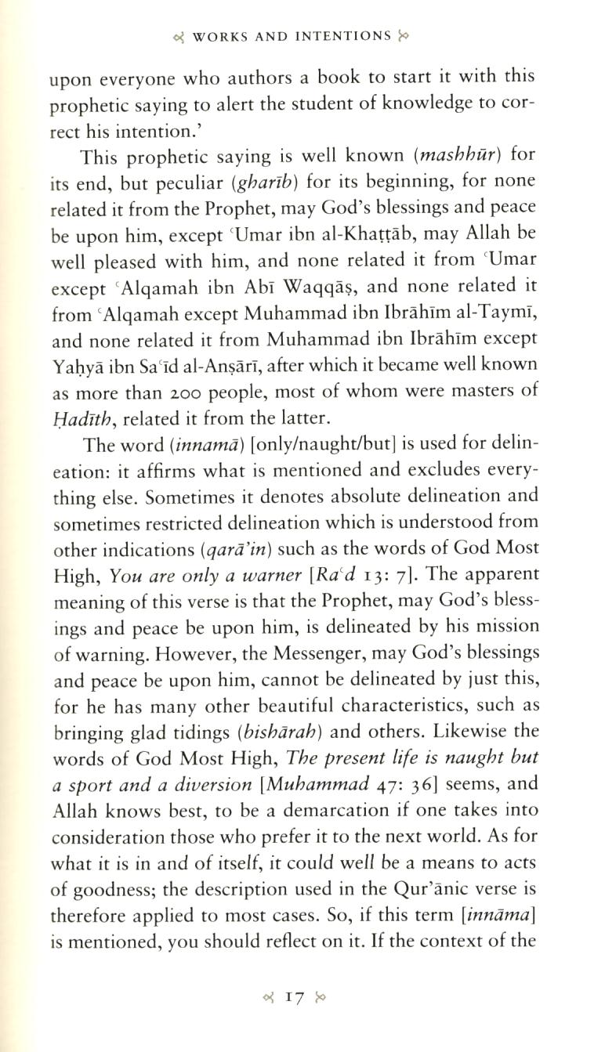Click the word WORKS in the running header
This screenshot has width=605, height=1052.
tap(222, 36)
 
